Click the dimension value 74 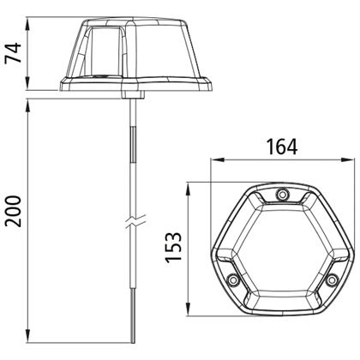(x=14, y=53)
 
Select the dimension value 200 (x=14, y=212)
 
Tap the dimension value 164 (x=282, y=147)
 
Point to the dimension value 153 (x=173, y=248)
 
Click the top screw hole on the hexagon (x=283, y=195)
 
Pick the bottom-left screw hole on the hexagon (x=233, y=279)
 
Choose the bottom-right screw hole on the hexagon (x=332, y=279)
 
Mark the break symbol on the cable (x=136, y=221)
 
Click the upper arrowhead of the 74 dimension (x=27, y=24)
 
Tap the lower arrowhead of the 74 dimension (x=27, y=83)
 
